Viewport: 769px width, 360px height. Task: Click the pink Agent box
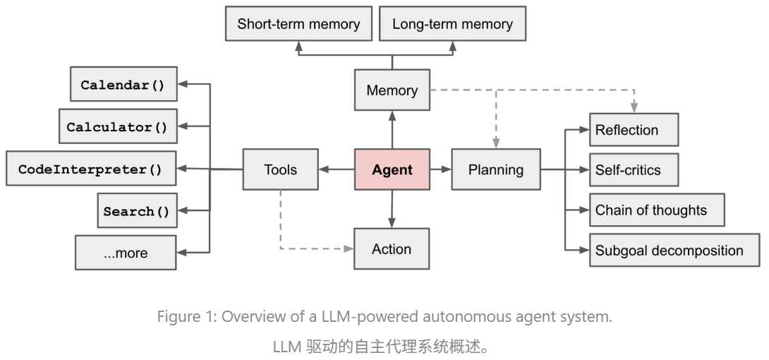tap(392, 169)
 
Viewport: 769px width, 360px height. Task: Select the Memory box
tap(392, 90)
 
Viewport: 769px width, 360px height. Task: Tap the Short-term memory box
tap(298, 24)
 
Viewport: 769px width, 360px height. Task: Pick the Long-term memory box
tap(452, 24)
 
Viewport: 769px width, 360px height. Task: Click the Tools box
tap(280, 169)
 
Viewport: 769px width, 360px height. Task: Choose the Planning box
tap(497, 169)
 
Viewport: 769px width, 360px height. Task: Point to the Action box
tap(392, 248)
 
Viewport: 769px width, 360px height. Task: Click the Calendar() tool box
tap(123, 85)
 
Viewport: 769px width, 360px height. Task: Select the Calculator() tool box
tap(117, 127)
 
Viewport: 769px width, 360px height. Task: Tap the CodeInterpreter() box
tap(90, 169)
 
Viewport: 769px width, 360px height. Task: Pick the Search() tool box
tap(137, 211)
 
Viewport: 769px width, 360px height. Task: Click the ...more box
tap(126, 253)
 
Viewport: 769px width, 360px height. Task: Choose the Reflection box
tap(634, 130)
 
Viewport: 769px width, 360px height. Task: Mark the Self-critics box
tap(634, 170)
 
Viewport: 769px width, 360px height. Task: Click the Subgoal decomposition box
tap(674, 250)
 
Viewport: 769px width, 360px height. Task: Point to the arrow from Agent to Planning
tap(440, 169)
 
